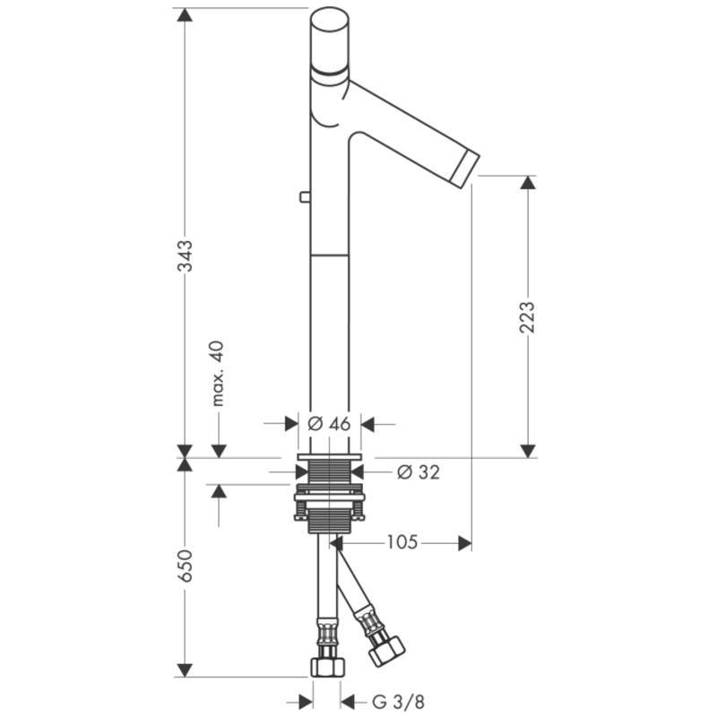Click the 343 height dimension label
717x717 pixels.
[x=186, y=255]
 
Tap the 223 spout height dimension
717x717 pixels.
[x=527, y=317]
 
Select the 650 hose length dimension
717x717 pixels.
[x=186, y=566]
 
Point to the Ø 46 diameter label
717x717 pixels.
[x=329, y=424]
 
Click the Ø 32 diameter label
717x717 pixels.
[x=419, y=472]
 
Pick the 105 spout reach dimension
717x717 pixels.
[x=402, y=542]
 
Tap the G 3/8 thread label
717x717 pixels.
[x=398, y=701]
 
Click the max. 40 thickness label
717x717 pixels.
[x=218, y=373]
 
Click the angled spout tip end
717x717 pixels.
[x=465, y=167]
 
